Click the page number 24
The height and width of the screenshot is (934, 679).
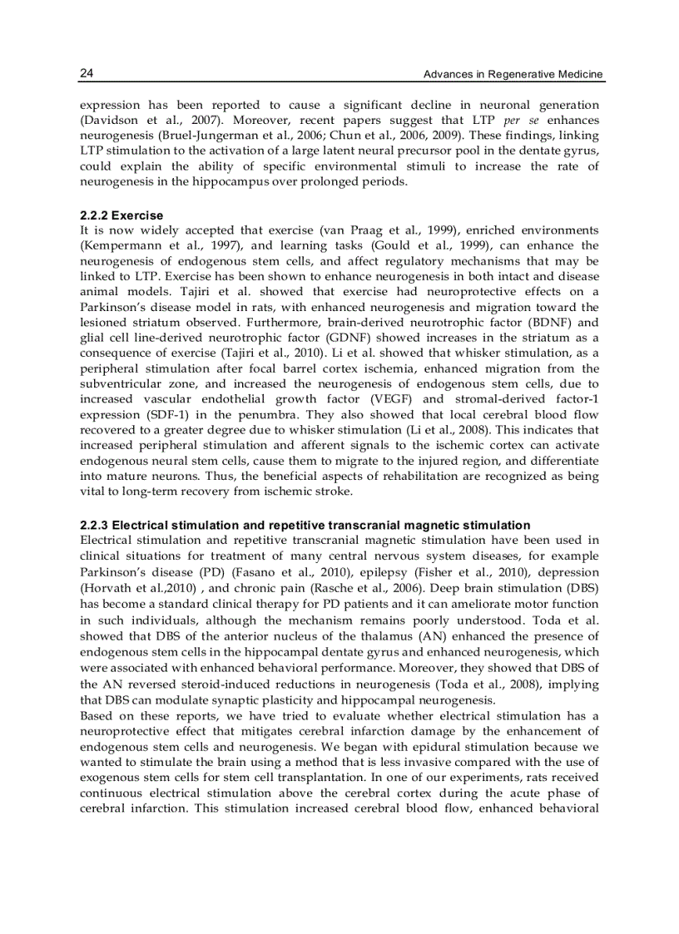click(87, 74)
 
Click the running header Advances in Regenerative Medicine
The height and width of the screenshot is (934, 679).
click(513, 75)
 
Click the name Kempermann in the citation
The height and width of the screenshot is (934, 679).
click(121, 246)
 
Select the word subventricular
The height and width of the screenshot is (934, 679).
click(121, 383)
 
